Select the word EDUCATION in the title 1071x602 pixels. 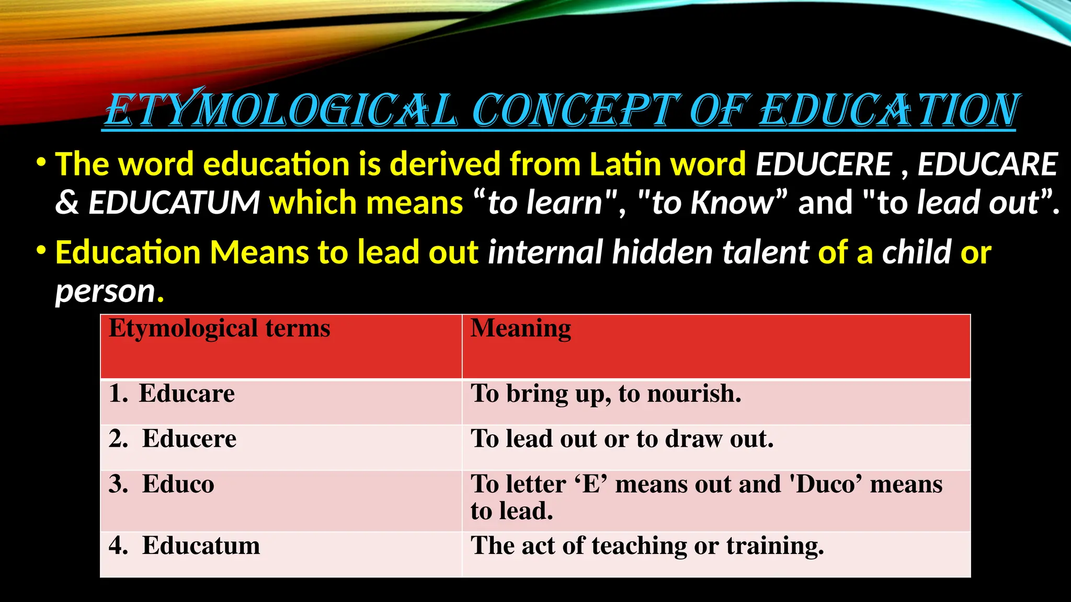pos(889,110)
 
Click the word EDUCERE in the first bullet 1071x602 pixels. pos(824,164)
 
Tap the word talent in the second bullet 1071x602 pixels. pos(766,252)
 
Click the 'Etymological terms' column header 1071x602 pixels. pos(220,329)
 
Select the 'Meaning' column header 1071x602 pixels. pos(521,329)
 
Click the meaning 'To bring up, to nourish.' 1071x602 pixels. pos(606,394)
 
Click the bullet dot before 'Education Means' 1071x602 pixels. pos(41,251)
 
